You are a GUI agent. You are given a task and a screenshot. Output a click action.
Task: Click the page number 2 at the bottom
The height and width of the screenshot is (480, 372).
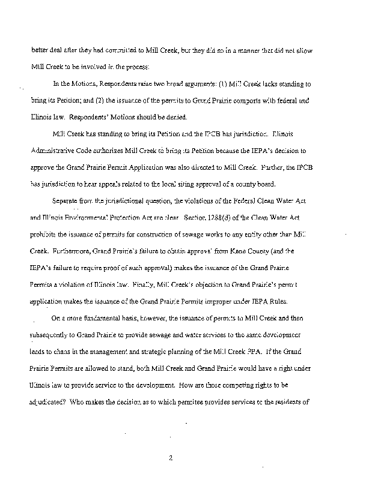coord(171,458)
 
